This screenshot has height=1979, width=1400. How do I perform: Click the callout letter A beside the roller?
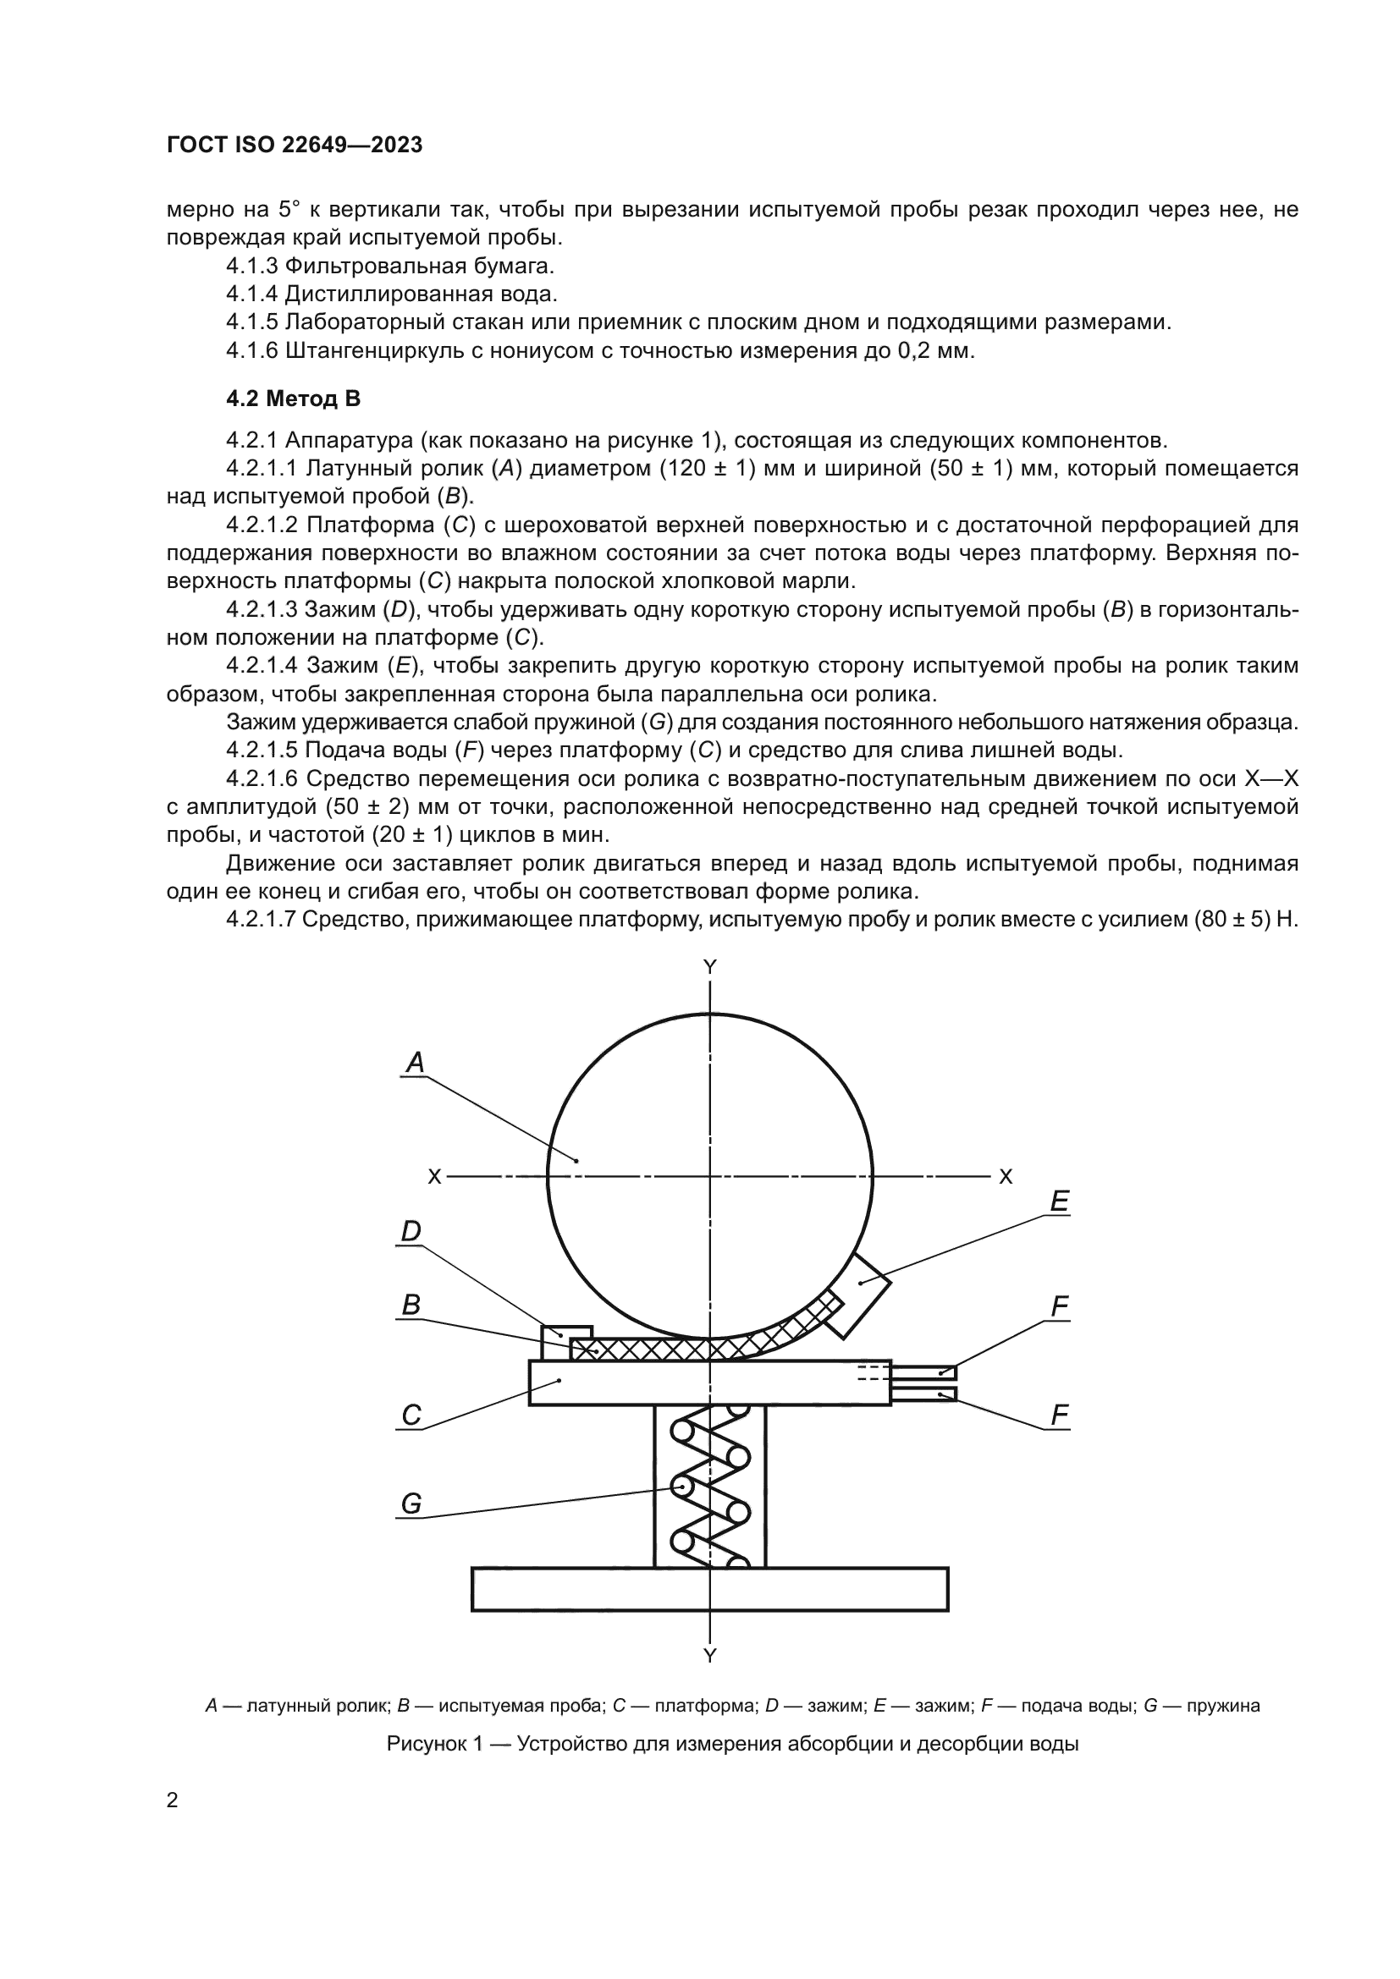click(x=416, y=1063)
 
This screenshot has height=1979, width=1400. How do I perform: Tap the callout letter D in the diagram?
click(x=411, y=1231)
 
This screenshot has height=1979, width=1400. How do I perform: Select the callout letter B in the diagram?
click(x=411, y=1305)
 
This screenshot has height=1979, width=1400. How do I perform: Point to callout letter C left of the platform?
click(x=411, y=1415)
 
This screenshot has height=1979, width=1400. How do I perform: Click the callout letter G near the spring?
click(x=411, y=1503)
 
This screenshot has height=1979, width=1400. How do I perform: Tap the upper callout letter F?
click(x=1060, y=1306)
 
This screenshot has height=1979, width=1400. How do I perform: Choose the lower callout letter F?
click(x=1060, y=1415)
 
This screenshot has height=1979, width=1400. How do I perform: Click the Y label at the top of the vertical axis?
click(x=709, y=967)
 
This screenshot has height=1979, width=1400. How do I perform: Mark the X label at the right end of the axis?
click(x=1006, y=1177)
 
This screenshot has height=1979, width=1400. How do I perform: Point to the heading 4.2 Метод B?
click(x=293, y=399)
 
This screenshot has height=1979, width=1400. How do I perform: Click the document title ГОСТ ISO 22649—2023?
click(x=294, y=146)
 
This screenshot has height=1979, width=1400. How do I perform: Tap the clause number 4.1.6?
click(x=251, y=351)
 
